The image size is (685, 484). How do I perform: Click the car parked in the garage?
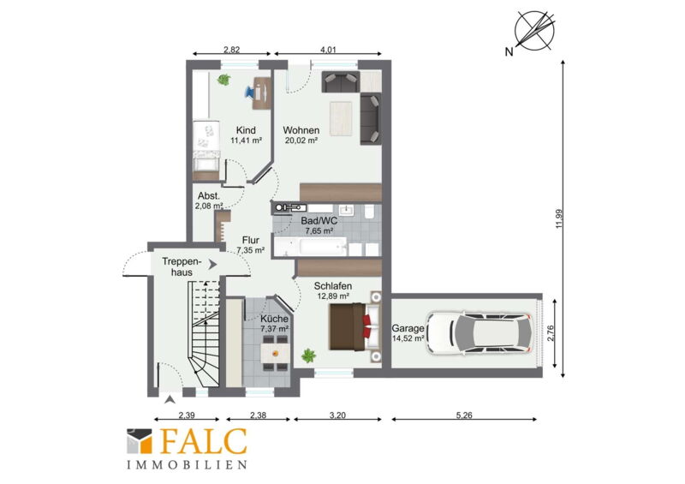coord(479,333)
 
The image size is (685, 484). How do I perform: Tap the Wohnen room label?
coord(301,130)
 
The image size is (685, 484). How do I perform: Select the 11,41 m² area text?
coord(246,140)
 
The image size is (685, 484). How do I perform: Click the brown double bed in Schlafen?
coord(351,326)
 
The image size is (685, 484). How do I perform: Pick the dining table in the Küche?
coord(275,351)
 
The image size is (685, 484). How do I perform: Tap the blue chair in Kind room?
coord(251,92)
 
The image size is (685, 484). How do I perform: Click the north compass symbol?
coord(533,31)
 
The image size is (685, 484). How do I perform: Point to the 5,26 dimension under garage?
coord(464,415)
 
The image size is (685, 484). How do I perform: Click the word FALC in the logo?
coord(204,442)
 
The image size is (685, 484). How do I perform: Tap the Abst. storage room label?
coord(209,196)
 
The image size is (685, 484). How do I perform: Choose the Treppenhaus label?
coord(182,266)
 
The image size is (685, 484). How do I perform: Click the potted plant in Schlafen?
coord(309,356)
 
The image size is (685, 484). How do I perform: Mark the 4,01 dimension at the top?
coord(328,50)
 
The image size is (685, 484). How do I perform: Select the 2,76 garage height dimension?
coord(550,333)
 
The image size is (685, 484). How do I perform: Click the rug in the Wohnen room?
coord(341,119)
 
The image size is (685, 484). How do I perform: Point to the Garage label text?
coord(408,328)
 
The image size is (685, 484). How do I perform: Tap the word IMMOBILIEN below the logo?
coord(188,464)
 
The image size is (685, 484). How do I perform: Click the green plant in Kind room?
coord(224,80)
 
